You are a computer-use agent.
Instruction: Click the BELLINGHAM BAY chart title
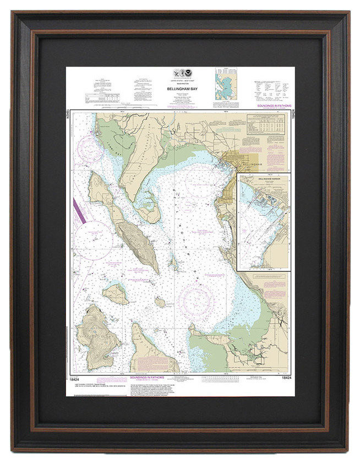pos(179,87)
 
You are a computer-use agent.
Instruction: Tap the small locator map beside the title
pos(226,84)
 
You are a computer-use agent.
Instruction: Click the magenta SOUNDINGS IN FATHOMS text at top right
pos(274,106)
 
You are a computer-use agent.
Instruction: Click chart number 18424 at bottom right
pos(285,378)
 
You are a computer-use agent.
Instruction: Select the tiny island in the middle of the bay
pos(160,302)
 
